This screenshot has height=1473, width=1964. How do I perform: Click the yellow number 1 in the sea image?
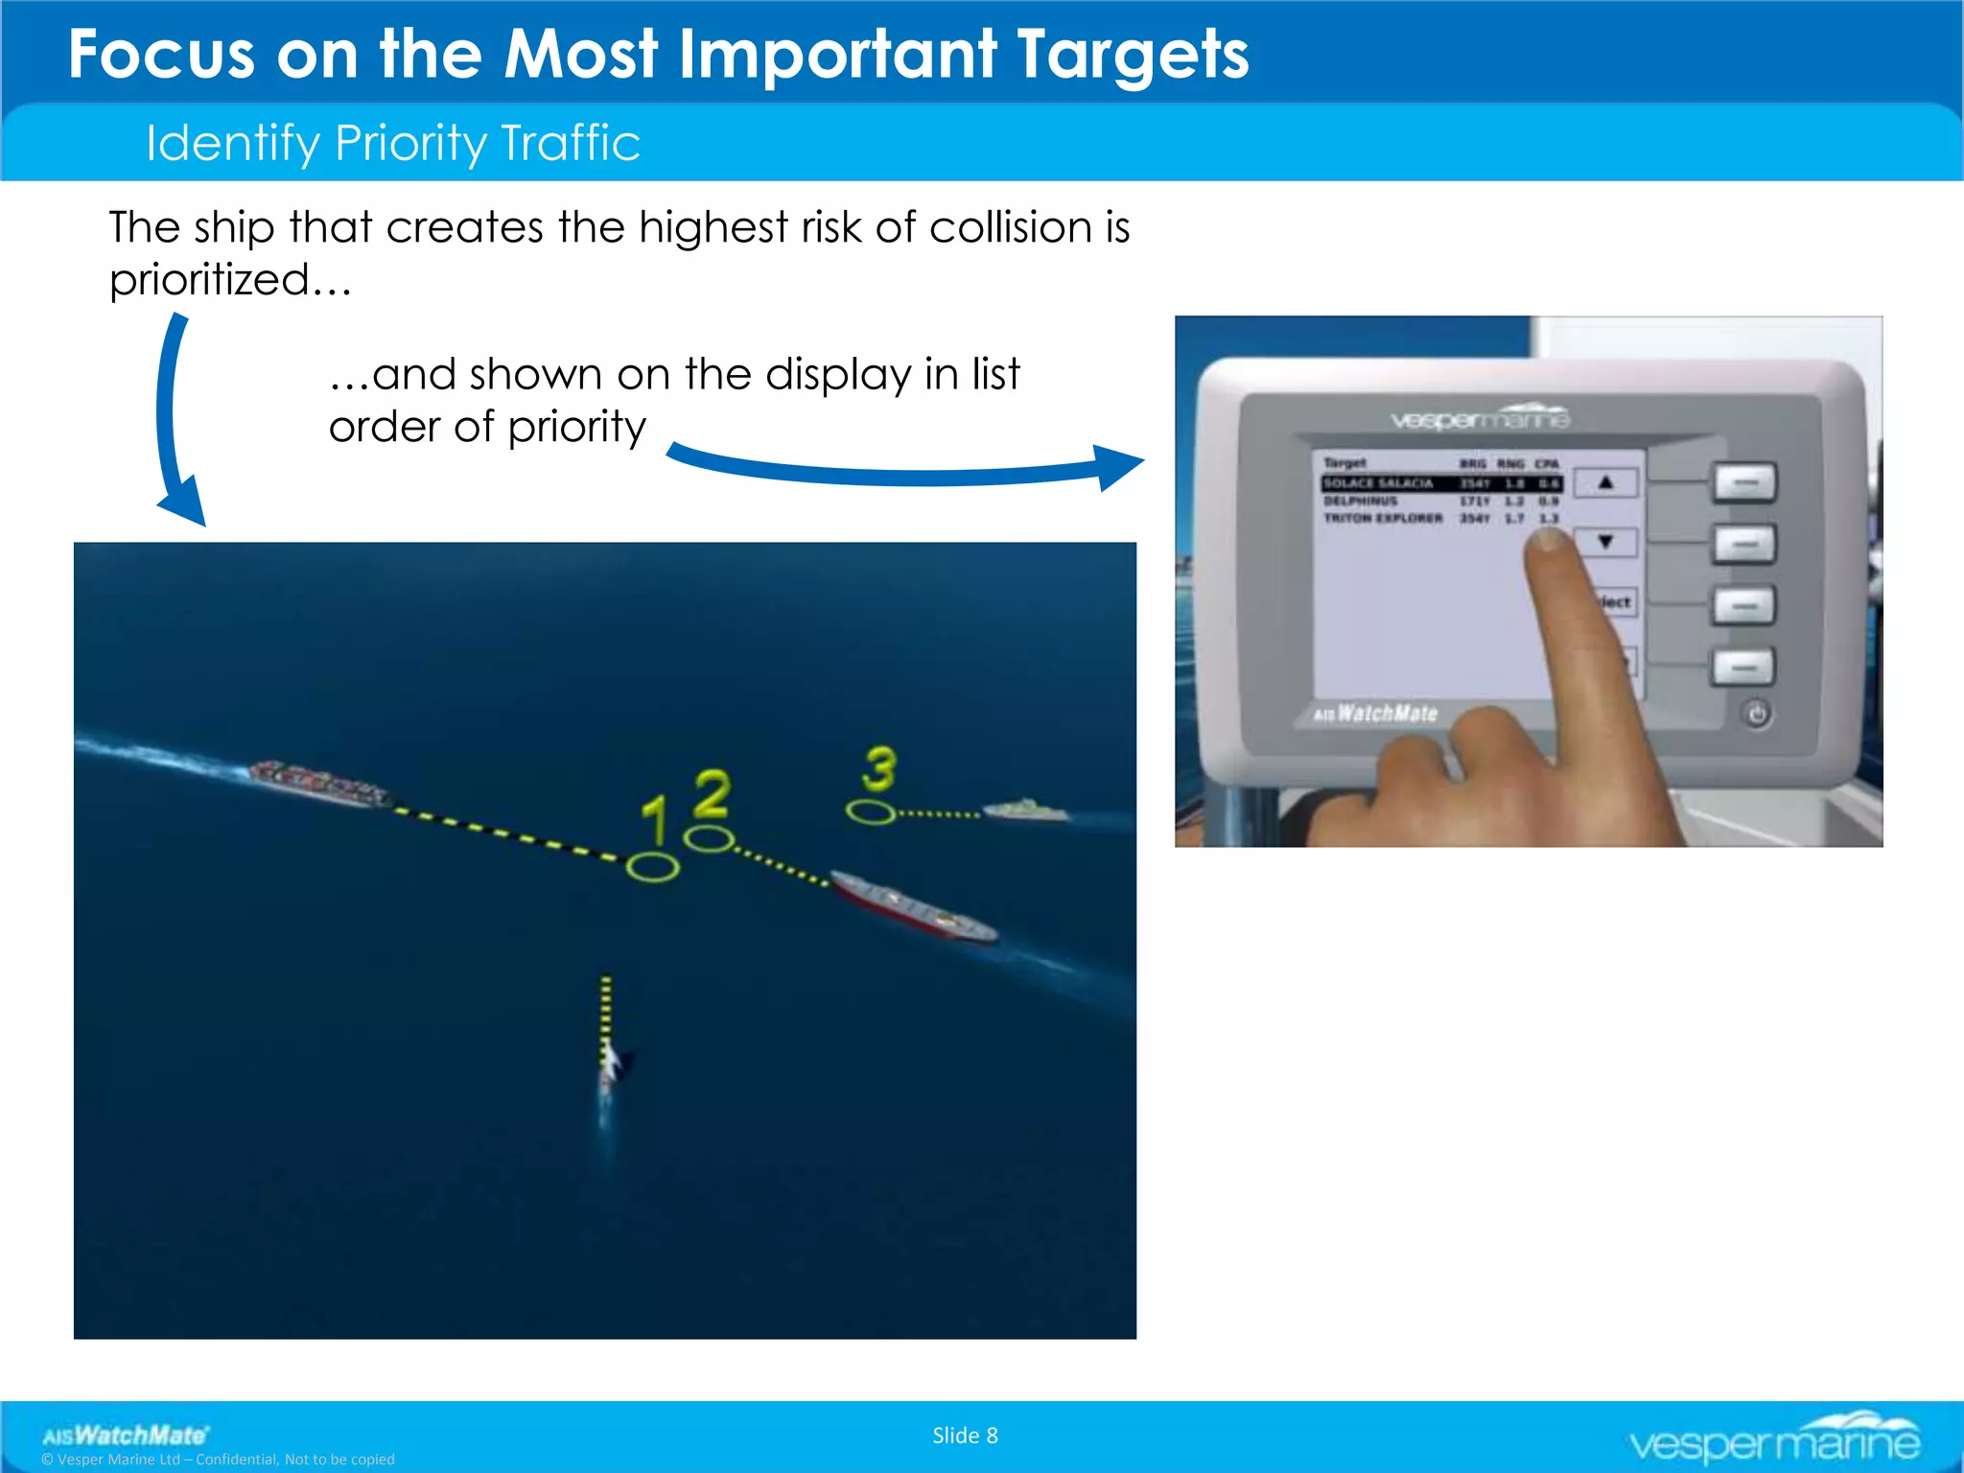[x=654, y=820]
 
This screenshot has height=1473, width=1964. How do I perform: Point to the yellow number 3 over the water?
[x=878, y=768]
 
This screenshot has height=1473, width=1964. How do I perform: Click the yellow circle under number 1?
[x=653, y=868]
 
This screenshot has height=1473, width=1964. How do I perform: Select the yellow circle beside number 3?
[x=871, y=813]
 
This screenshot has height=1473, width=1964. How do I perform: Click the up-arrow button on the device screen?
[x=1605, y=482]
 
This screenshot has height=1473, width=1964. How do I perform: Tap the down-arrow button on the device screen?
[x=1605, y=542]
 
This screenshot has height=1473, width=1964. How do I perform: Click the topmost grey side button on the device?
[x=1744, y=482]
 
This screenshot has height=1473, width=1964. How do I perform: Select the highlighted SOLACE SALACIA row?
[x=1438, y=483]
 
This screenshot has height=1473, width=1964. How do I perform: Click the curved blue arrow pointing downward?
[x=174, y=422]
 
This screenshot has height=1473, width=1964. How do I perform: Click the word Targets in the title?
[x=1132, y=55]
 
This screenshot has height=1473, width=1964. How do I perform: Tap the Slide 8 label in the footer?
[x=965, y=1436]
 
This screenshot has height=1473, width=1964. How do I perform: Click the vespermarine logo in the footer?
[x=1773, y=1438]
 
